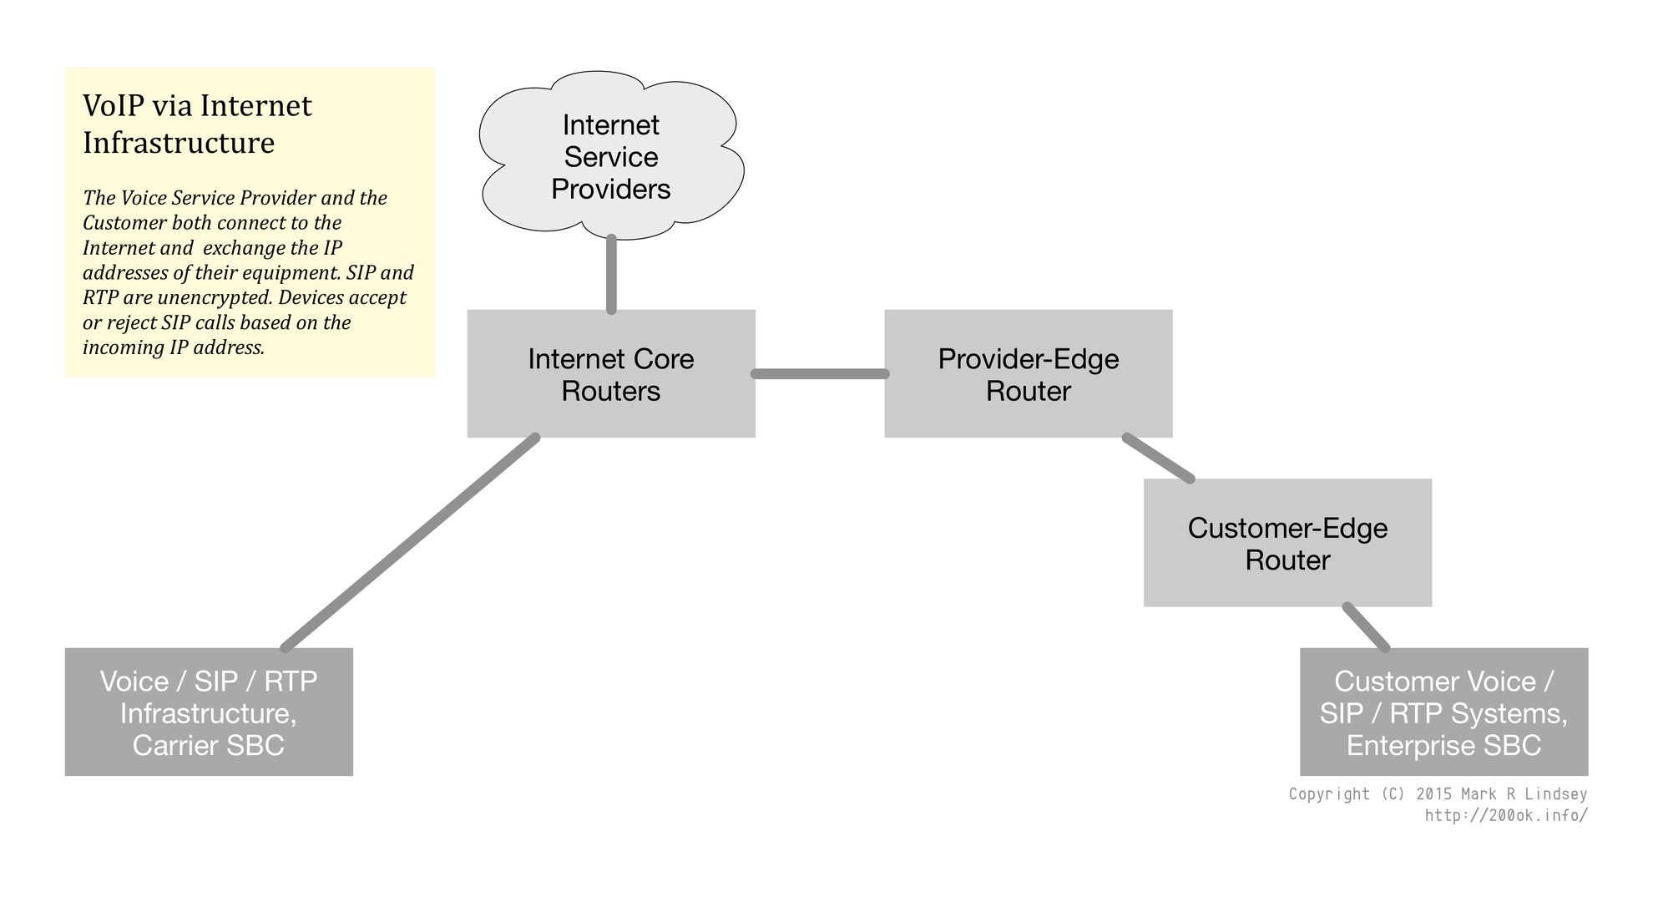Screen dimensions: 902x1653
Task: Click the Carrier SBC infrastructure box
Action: click(x=208, y=712)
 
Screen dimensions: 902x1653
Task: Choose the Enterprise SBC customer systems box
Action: click(x=1443, y=712)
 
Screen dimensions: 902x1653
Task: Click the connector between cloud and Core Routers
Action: click(x=610, y=274)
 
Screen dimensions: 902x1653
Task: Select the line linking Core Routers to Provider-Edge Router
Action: click(x=819, y=373)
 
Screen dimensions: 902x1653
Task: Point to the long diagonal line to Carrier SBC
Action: click(x=409, y=542)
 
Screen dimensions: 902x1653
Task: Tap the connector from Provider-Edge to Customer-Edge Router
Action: click(x=1157, y=458)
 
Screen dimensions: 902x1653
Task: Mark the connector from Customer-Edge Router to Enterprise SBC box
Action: click(x=1365, y=626)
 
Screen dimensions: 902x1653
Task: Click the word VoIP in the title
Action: click(x=114, y=106)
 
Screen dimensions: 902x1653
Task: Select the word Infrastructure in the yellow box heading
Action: click(x=178, y=143)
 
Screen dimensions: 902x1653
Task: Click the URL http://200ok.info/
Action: click(x=1504, y=815)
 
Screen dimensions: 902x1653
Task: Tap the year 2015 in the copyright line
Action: click(x=1433, y=794)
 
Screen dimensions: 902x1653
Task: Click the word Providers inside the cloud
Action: click(x=610, y=189)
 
